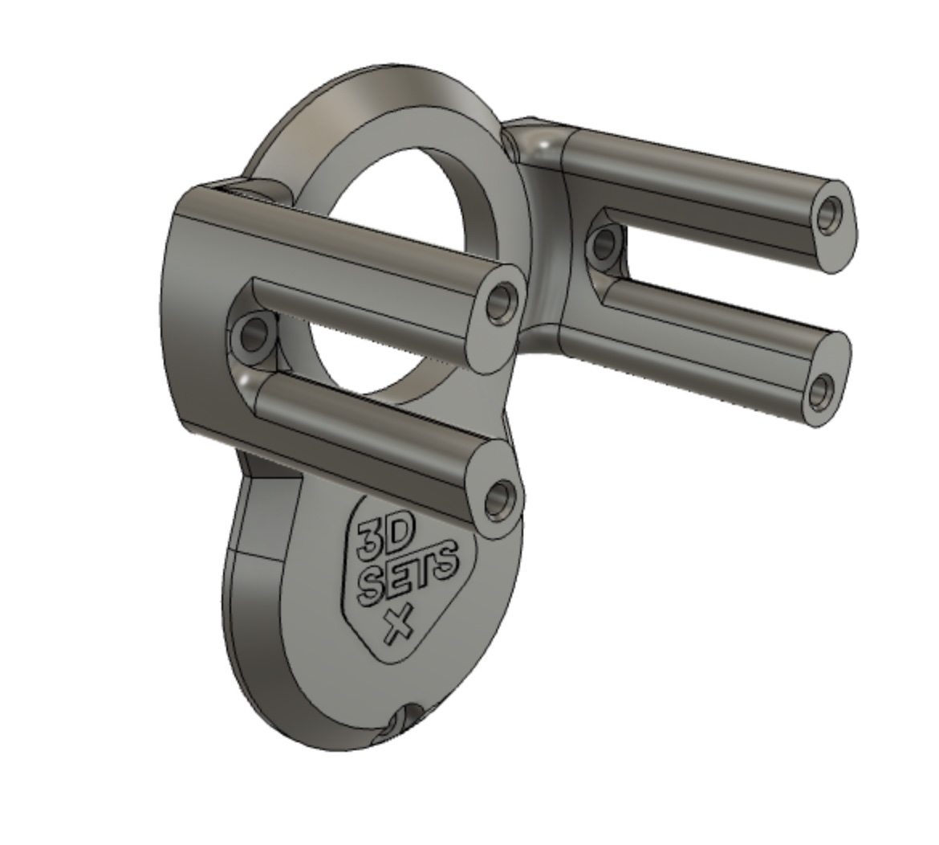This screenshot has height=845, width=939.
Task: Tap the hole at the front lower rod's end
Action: coord(500,499)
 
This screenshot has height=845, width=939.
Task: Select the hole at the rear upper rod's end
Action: coord(830,214)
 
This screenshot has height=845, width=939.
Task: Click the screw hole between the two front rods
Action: coord(254,333)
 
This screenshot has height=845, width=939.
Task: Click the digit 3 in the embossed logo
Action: coord(371,539)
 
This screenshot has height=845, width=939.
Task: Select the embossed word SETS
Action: coord(409,573)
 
